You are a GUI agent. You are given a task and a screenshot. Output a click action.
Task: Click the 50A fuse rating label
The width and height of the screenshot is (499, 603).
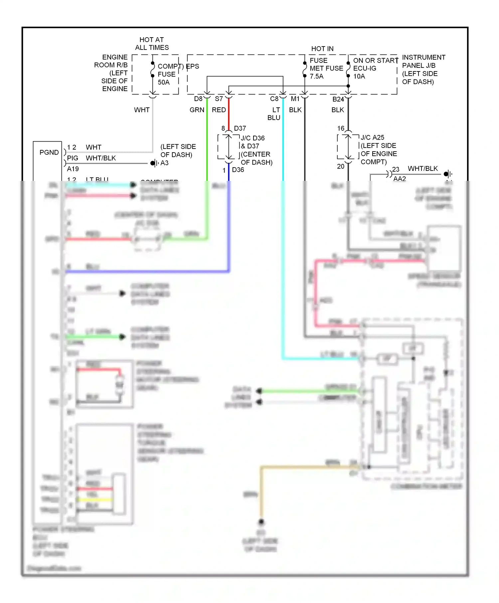coord(163,82)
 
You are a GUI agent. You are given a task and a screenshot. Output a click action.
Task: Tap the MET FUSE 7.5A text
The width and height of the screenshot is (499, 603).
coord(326,68)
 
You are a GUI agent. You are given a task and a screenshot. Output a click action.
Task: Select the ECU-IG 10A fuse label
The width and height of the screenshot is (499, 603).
coord(364,72)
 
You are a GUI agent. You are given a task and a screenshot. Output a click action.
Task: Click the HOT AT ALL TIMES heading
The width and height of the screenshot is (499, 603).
coord(152,44)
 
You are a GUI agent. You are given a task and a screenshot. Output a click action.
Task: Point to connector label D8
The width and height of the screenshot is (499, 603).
coord(198,99)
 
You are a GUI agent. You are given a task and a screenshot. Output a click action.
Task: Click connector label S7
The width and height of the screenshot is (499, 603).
coord(219,99)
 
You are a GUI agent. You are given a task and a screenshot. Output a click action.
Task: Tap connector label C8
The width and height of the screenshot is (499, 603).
coord(274,99)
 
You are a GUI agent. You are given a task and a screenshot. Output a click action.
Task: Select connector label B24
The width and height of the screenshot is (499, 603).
coord(338,99)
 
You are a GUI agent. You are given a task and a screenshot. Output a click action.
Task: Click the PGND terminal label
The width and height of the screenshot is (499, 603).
coord(49,152)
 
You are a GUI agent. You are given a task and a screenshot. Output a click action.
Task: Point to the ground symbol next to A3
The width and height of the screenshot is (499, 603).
coord(154,163)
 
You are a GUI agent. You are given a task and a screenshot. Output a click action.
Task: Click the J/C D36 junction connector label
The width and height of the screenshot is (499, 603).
coord(252,138)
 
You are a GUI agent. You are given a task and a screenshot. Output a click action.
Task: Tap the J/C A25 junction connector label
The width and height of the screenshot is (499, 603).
coord(372,137)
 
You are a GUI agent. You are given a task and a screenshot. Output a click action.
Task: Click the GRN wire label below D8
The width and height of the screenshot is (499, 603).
coord(197,110)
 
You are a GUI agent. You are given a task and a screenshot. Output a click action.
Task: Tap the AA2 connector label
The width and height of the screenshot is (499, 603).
coord(399,179)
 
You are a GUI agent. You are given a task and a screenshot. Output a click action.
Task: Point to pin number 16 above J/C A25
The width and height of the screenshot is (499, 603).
coord(341,128)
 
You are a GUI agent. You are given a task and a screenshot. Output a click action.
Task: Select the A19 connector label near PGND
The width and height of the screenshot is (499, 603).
coord(73,169)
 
